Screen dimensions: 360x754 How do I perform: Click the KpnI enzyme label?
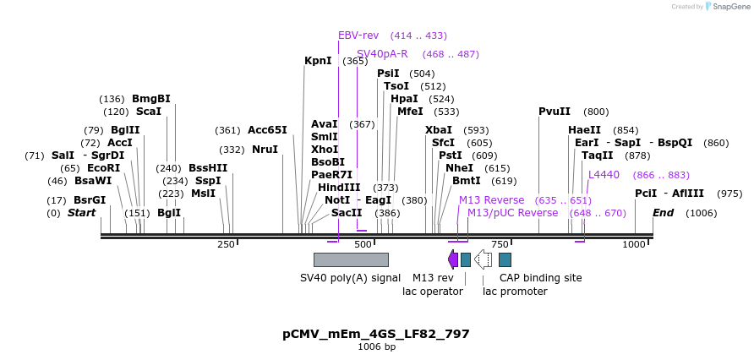(x=318, y=61)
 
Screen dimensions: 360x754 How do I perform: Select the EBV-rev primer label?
(x=358, y=35)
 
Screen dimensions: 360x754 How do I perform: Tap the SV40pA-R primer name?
(x=382, y=54)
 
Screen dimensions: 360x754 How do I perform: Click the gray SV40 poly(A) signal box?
(x=351, y=259)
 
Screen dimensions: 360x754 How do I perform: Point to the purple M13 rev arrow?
(x=453, y=259)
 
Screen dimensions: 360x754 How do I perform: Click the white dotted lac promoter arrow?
(x=483, y=259)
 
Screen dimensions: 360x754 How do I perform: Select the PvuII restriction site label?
(x=555, y=112)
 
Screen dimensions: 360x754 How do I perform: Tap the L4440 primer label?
(x=604, y=175)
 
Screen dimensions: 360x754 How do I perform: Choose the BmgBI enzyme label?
(x=151, y=99)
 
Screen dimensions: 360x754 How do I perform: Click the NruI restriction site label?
(x=265, y=150)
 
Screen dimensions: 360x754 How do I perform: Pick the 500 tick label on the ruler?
(x=363, y=244)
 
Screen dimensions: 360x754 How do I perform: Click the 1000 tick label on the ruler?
(x=634, y=244)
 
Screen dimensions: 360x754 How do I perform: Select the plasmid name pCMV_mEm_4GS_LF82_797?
(x=376, y=334)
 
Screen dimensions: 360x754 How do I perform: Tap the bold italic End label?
(x=663, y=213)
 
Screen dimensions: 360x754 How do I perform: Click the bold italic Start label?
(x=81, y=213)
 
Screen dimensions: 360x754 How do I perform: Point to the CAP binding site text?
(x=540, y=278)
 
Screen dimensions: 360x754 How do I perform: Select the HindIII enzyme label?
(x=339, y=188)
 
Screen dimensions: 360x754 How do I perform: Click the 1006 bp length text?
(x=376, y=347)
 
